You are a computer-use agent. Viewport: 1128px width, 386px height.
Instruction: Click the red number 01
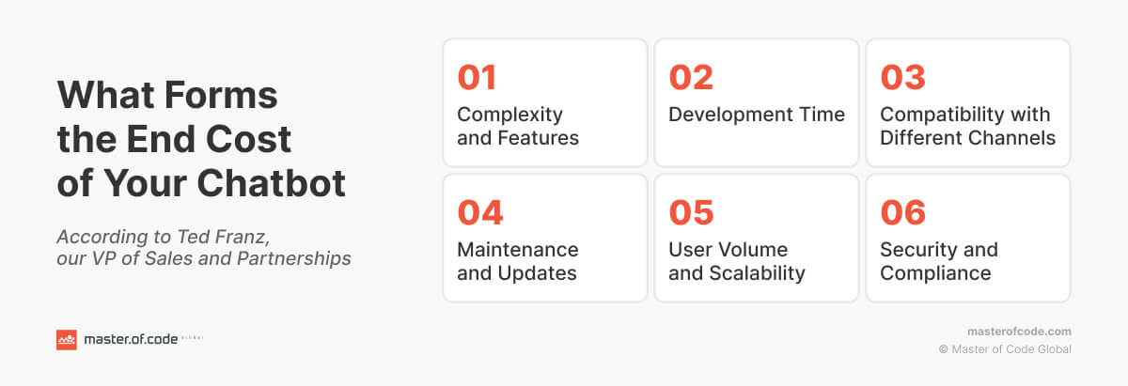pyautogui.click(x=477, y=77)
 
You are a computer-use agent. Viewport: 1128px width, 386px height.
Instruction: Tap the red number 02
pyautogui.click(x=691, y=77)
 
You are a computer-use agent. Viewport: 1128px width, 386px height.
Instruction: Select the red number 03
pyautogui.click(x=903, y=77)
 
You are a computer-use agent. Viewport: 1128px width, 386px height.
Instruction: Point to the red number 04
pyautogui.click(x=479, y=212)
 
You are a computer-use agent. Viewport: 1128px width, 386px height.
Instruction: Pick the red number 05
pyautogui.click(x=691, y=212)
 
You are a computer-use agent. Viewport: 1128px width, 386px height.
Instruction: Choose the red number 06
pyautogui.click(x=903, y=212)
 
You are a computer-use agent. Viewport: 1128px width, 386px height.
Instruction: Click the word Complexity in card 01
pyautogui.click(x=509, y=115)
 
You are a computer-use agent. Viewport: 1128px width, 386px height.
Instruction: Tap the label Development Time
pyautogui.click(x=757, y=115)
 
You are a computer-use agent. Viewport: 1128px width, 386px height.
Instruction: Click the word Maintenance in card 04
pyautogui.click(x=517, y=250)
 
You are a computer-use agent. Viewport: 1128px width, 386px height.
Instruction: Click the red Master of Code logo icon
pyautogui.click(x=66, y=340)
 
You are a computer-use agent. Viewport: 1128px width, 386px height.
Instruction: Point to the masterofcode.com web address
pyautogui.click(x=1019, y=332)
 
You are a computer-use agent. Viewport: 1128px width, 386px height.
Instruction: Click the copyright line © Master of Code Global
pyautogui.click(x=1005, y=349)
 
